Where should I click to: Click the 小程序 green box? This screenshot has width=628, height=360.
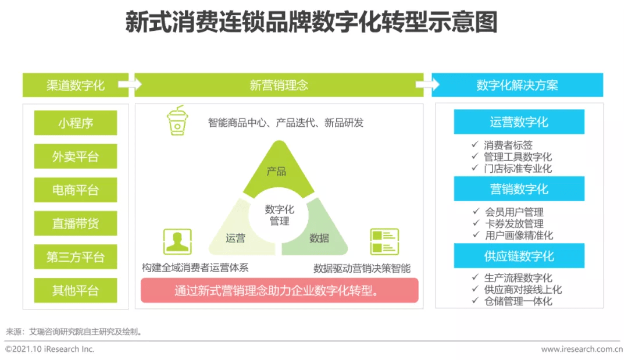(76, 123)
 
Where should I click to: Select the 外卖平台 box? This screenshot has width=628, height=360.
(76, 156)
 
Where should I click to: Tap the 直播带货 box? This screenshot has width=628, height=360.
(76, 223)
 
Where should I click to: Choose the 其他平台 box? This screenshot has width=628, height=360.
(76, 290)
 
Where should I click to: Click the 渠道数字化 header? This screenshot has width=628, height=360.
(76, 85)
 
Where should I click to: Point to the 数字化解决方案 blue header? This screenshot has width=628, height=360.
(517, 85)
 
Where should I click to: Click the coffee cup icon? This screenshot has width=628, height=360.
(177, 120)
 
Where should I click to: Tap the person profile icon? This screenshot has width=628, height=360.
(177, 241)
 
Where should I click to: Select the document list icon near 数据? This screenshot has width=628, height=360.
(384, 241)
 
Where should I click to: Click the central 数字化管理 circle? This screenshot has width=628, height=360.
(279, 215)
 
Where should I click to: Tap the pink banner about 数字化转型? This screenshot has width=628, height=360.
(280, 290)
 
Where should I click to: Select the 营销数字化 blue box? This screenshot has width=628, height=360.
(519, 188)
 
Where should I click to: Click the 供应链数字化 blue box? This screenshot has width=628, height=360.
(519, 256)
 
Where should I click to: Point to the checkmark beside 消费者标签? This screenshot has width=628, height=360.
(475, 144)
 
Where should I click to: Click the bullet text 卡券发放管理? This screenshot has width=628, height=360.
(514, 223)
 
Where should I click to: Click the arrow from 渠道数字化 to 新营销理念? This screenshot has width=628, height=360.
(130, 84)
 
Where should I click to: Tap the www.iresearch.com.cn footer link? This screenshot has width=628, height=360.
(582, 349)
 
